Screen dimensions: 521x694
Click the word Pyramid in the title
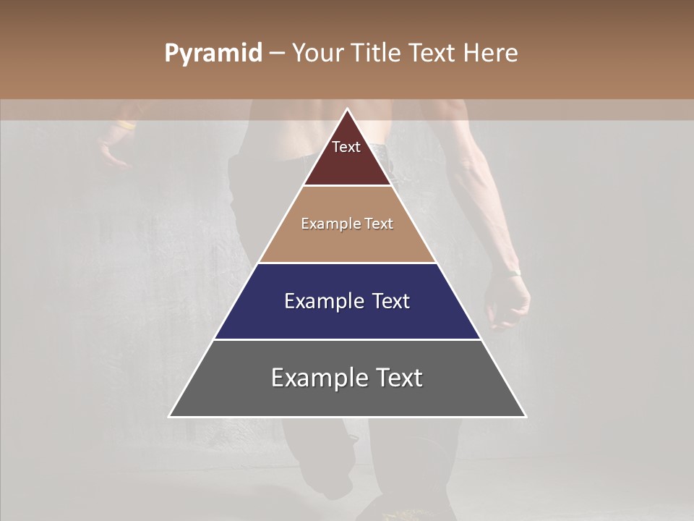coord(213,54)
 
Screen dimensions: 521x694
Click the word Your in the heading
coord(320,54)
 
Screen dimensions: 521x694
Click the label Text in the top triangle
coord(346,147)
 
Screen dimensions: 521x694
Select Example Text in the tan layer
coord(347,224)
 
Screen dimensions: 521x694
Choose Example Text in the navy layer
coord(347,301)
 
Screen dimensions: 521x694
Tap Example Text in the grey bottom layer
coord(347,378)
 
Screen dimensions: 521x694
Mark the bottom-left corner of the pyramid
coord(170,416)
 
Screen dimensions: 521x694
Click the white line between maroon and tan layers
coord(347,186)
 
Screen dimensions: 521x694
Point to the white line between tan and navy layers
coord(347,263)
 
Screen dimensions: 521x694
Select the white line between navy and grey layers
coord(347,339)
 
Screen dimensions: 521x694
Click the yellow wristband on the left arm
coord(126,126)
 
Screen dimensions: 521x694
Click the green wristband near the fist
coord(513,273)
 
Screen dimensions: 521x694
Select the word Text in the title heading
coord(434,54)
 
